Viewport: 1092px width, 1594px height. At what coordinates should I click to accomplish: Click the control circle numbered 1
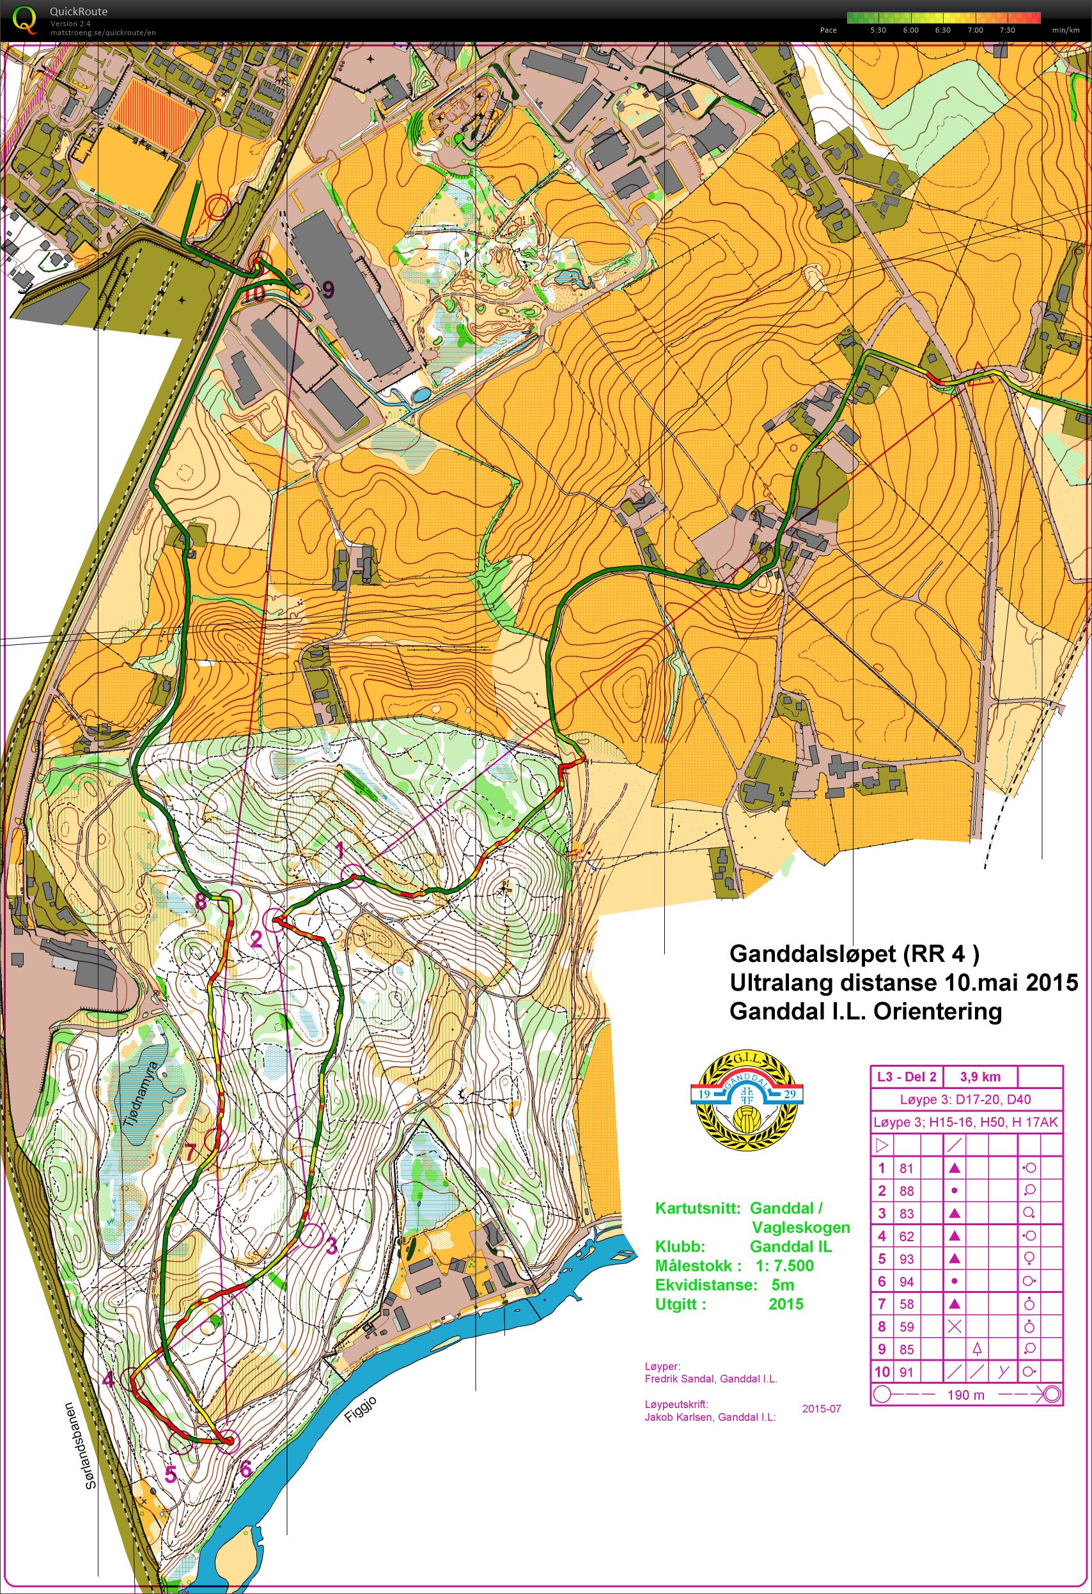tap(352, 876)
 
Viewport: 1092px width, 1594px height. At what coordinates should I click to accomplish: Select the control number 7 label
tap(190, 1152)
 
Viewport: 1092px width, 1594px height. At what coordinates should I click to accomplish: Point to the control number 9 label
tap(328, 290)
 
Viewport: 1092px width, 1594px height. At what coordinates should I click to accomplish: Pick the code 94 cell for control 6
tap(906, 1282)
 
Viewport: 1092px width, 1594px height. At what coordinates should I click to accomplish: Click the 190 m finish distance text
tap(965, 1395)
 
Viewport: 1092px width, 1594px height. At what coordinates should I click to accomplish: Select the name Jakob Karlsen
tap(675, 1417)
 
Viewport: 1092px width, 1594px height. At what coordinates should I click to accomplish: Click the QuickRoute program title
tap(78, 12)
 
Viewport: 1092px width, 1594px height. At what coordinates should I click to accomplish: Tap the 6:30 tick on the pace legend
tap(942, 30)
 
